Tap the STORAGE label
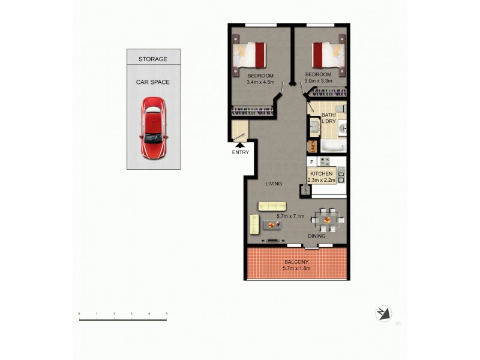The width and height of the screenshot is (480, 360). point(153,59)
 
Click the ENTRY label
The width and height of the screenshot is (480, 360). point(240,152)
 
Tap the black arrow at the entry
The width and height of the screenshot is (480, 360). point(240,144)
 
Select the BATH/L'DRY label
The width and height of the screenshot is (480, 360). point(329,118)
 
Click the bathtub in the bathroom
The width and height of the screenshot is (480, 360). point(332,146)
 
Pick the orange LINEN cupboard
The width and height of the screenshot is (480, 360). point(311,146)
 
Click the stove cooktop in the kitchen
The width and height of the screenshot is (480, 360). point(325,161)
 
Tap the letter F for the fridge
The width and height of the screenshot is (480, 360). point(311,162)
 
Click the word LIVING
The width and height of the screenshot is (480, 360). point(274,184)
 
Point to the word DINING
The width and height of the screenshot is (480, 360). point(317,236)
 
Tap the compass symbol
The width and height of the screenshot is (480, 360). point(383,313)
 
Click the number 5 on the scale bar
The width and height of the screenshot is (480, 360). point(166,314)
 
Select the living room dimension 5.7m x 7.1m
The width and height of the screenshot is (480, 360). point(290,216)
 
